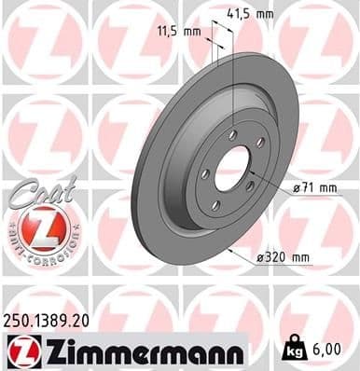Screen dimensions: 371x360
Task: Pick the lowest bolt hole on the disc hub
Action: tap(216, 206)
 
